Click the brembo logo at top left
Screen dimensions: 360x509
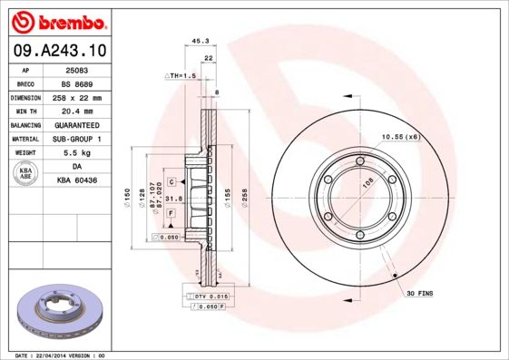point(57,21)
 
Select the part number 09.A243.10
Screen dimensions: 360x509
point(57,52)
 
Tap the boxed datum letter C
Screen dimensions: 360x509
point(171,182)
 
